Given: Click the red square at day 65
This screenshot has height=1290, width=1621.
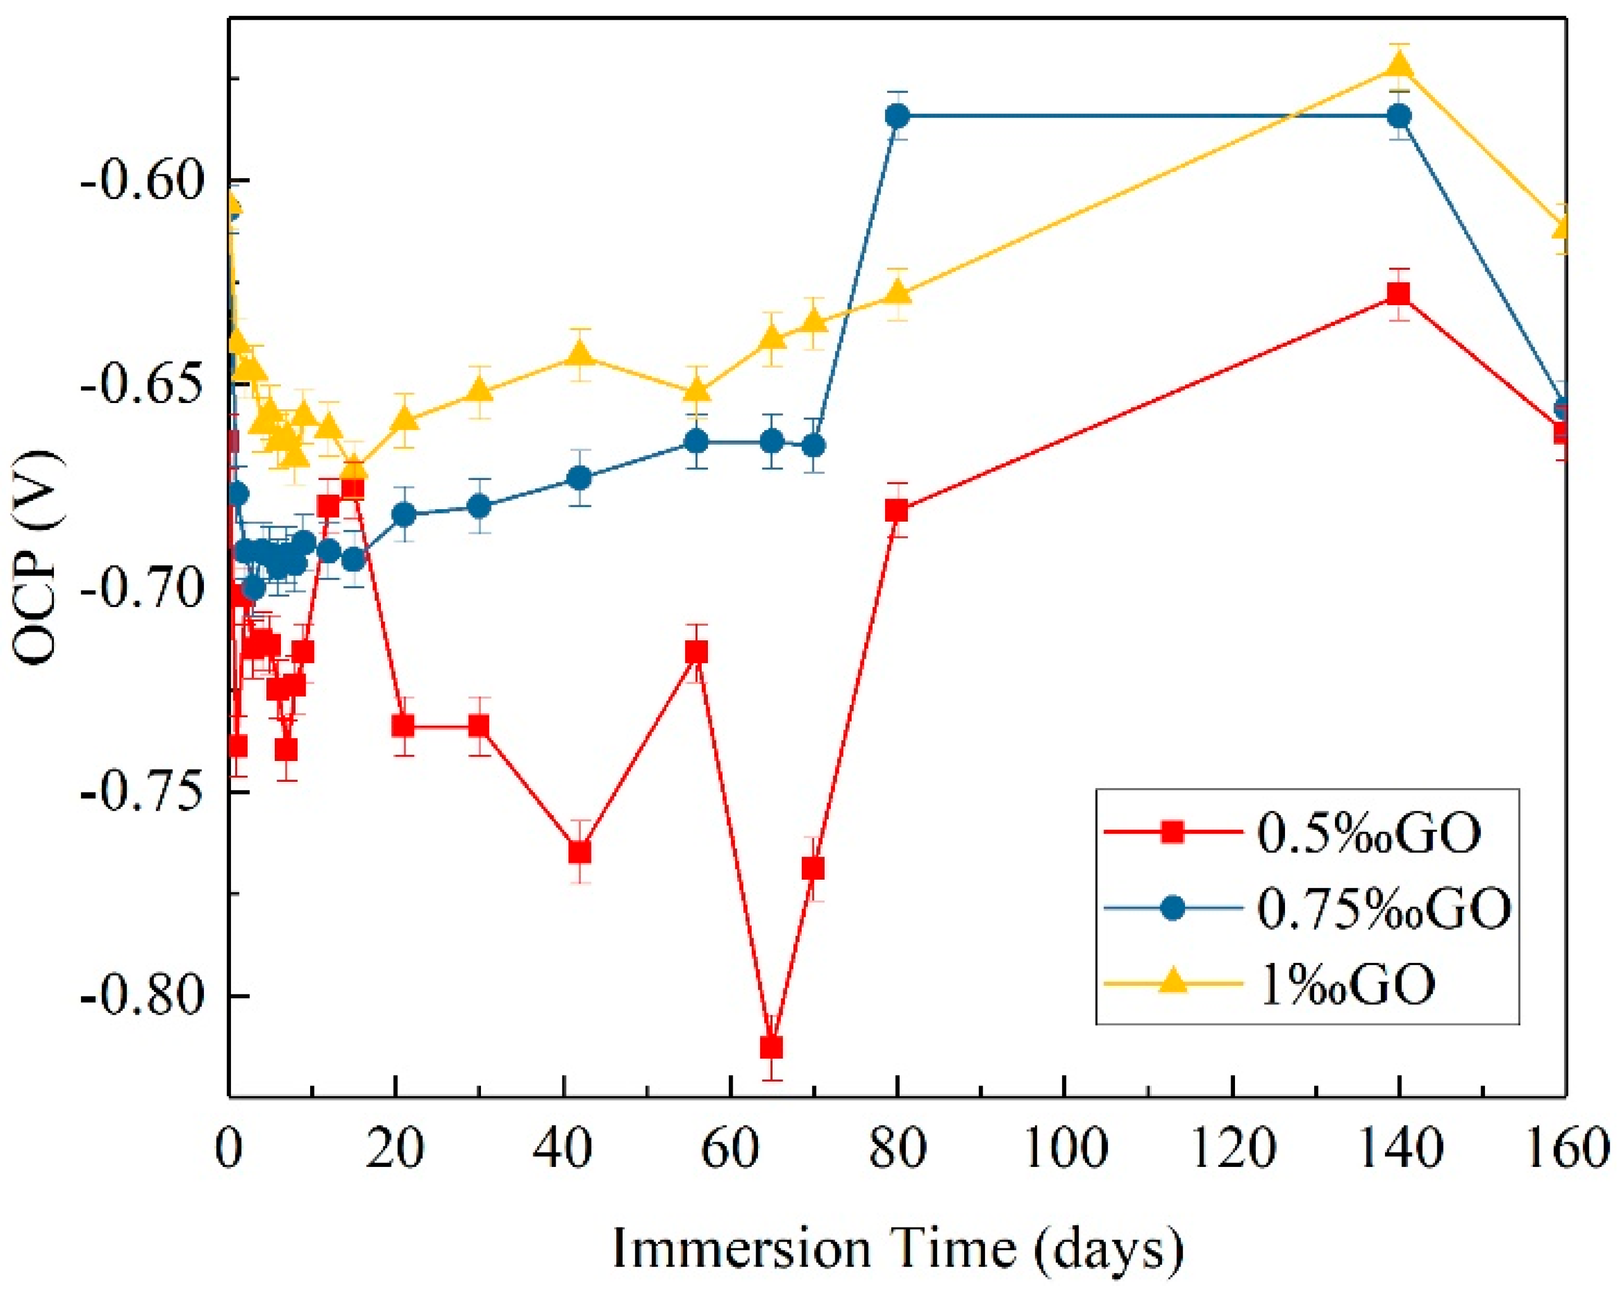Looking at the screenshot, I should tap(771, 1048).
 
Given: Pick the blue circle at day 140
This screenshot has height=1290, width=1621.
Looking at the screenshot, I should tap(1399, 116).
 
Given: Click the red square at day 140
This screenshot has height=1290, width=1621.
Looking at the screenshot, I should tap(1399, 293).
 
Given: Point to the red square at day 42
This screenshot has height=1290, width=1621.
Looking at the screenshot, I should tap(580, 852).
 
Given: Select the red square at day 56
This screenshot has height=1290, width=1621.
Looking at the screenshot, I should tap(697, 651).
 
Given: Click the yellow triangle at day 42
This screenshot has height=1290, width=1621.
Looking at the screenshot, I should tap(580, 354).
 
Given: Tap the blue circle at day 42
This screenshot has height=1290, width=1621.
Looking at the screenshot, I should tap(580, 478).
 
